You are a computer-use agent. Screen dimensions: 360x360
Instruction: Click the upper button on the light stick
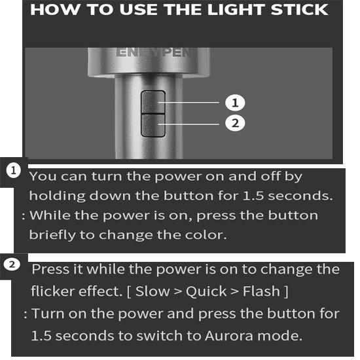[153, 102]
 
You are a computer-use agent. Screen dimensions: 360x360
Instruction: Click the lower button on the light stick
[153, 126]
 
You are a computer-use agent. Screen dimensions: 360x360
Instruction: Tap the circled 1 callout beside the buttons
[235, 102]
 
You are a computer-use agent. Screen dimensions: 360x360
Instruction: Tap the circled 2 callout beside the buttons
[235, 123]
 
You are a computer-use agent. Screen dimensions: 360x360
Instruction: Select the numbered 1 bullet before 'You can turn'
[14, 170]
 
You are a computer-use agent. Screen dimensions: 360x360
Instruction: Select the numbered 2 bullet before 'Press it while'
[12, 264]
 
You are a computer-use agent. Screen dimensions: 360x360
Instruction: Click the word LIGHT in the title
[236, 9]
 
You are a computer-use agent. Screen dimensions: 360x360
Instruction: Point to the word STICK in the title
[299, 9]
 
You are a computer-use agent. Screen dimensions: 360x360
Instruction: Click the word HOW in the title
[56, 9]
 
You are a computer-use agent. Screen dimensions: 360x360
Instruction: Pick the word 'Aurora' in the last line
[229, 336]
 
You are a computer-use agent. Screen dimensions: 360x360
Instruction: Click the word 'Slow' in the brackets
[153, 291]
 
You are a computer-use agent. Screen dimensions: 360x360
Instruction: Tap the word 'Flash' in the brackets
[262, 291]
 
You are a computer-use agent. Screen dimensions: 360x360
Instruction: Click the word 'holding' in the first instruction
[58, 196]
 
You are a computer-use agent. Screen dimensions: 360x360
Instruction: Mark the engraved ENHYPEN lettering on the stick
[154, 52]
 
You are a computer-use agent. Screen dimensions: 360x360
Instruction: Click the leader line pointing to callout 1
[189, 102]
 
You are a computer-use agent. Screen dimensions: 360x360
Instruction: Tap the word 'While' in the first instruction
[50, 215]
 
